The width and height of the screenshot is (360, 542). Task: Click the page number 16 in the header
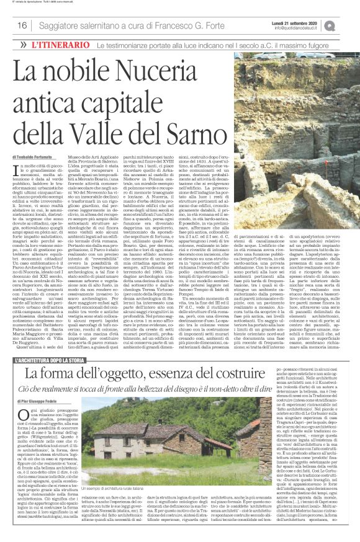click(20, 25)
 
